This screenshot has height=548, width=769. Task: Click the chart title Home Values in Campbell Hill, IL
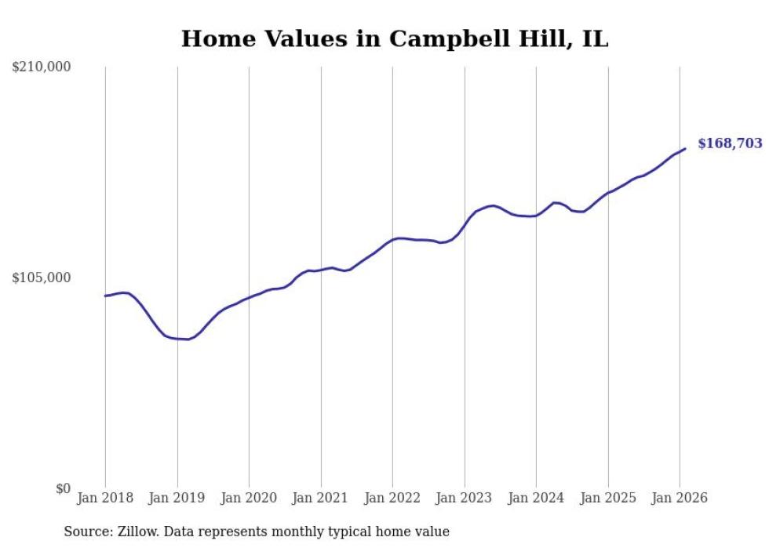(395, 38)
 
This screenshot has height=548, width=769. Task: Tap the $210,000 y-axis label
(42, 67)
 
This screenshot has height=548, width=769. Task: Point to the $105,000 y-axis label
(42, 278)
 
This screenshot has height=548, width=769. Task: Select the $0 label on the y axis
(63, 488)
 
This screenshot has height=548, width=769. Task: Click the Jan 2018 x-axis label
(105, 499)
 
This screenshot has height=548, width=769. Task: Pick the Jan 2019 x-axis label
(177, 499)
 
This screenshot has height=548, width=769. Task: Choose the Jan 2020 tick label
(249, 499)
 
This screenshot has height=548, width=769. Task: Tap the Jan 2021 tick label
(321, 499)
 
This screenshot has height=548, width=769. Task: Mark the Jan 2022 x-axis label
(392, 499)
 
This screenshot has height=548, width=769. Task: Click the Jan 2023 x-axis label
(465, 499)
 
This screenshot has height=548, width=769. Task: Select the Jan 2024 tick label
(536, 499)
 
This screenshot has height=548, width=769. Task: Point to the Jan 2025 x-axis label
(608, 499)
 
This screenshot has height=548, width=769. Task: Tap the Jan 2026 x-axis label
(680, 499)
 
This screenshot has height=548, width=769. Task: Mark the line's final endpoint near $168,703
(685, 148)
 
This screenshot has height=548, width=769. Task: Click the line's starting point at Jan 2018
(105, 296)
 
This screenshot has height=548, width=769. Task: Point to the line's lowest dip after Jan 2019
(187, 339)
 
